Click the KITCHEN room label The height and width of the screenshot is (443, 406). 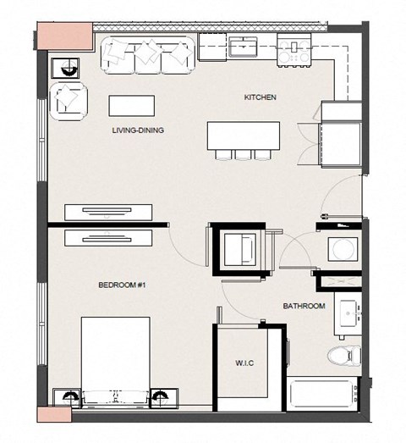pyautogui.click(x=260, y=97)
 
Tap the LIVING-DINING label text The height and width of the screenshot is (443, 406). pyautogui.click(x=138, y=130)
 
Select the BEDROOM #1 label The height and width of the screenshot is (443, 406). pyautogui.click(x=122, y=285)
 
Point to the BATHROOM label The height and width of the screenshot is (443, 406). pyautogui.click(x=304, y=306)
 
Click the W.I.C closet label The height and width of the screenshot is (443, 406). pyautogui.click(x=244, y=363)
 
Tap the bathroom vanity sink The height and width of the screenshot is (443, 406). pyautogui.click(x=348, y=313)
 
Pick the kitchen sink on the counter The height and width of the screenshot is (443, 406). pyautogui.click(x=243, y=47)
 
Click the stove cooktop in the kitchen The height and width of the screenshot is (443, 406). pyautogui.click(x=294, y=50)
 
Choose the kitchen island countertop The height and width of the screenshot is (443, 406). pyautogui.click(x=244, y=136)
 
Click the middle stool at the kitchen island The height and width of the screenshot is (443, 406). pyautogui.click(x=244, y=155)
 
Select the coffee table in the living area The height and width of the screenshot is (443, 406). pyautogui.click(x=131, y=106)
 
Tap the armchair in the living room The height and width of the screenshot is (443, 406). pyautogui.click(x=68, y=102)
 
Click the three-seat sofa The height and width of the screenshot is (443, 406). pyautogui.click(x=148, y=55)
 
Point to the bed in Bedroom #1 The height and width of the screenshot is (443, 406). pyautogui.click(x=115, y=363)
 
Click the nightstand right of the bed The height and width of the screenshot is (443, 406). pyautogui.click(x=164, y=398)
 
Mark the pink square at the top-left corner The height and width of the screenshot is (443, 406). pyautogui.click(x=65, y=36)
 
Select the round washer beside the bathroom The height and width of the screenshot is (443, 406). pyautogui.click(x=343, y=249)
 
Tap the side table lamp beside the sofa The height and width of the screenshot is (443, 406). pyautogui.click(x=65, y=68)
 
